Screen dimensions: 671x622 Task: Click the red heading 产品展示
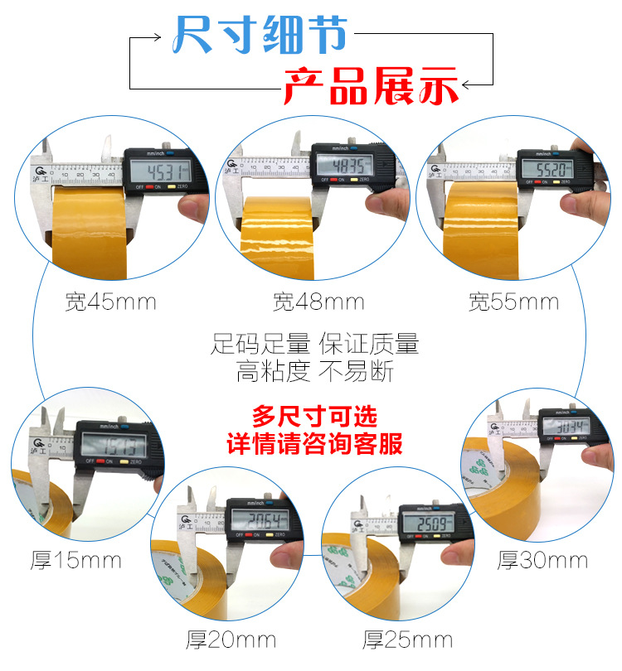(371, 85)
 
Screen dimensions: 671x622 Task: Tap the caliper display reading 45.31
(157, 172)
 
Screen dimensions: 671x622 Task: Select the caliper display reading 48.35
(342, 164)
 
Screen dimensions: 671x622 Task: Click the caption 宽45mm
(110, 302)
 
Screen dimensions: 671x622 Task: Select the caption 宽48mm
(318, 302)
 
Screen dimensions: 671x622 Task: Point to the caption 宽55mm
(513, 302)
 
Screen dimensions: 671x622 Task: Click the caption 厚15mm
(75, 561)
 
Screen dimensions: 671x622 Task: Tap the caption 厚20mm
(231, 639)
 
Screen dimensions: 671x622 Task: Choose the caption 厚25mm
(408, 639)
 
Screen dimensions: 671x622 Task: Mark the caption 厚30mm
(542, 561)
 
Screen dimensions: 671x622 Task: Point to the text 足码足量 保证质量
(315, 343)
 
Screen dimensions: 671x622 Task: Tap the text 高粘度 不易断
(315, 372)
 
